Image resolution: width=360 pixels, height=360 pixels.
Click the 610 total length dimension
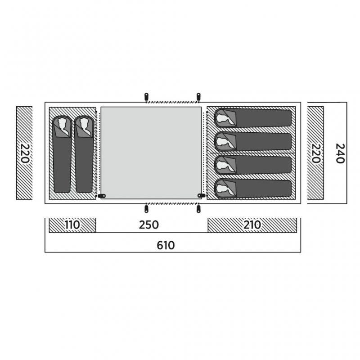point(166,245)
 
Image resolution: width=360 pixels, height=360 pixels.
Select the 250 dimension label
point(149,225)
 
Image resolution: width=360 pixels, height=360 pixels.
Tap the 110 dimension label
point(72,225)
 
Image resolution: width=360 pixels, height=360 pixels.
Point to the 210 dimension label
point(252,225)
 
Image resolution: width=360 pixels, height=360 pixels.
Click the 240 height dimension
point(340,153)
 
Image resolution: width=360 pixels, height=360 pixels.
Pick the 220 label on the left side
point(25,153)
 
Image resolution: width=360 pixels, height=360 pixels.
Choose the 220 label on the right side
point(316,153)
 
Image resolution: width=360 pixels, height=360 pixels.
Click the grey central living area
point(151,153)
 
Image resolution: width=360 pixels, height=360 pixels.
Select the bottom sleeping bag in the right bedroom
point(253,189)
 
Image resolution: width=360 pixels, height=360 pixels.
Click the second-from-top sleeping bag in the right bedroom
point(253,141)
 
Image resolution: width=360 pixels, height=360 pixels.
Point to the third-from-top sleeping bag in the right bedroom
point(253,165)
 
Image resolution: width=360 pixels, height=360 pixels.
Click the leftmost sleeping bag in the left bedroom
point(62,154)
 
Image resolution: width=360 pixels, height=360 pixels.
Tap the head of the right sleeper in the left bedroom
point(84,125)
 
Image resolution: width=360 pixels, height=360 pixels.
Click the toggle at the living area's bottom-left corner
point(102,196)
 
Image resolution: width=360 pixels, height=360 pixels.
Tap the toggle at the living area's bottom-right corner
point(201,196)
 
